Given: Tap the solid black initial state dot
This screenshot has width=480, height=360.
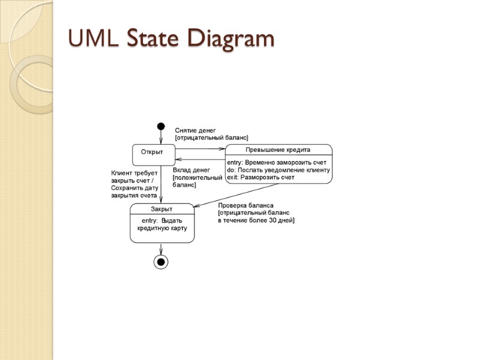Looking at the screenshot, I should (x=161, y=126).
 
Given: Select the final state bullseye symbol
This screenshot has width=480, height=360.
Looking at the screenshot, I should (x=161, y=262).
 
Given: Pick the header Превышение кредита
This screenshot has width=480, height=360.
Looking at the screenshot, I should (x=278, y=149).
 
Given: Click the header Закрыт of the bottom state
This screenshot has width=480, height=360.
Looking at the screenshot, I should (x=161, y=209).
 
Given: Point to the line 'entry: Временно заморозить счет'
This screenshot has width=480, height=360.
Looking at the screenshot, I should (x=277, y=162).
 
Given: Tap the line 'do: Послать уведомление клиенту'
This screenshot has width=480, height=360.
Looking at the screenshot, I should (x=278, y=170).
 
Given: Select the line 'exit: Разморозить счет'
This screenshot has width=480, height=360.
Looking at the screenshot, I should (x=260, y=178).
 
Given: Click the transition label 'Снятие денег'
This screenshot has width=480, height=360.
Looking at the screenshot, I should (x=195, y=130).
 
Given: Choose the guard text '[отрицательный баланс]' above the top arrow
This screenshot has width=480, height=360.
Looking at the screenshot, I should (x=211, y=138).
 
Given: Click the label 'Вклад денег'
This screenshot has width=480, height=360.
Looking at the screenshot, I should (x=191, y=170).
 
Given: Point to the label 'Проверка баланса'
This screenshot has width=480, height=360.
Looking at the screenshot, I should (x=245, y=205).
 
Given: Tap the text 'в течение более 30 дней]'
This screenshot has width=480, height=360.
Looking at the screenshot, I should (x=256, y=220).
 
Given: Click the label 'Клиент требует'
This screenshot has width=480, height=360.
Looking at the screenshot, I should (x=134, y=173).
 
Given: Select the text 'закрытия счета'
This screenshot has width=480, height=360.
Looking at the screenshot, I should (x=134, y=196).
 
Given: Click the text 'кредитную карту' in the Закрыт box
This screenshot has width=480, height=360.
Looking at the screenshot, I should (x=162, y=229).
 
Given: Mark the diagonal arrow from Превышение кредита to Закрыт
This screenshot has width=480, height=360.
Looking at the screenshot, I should (x=240, y=194).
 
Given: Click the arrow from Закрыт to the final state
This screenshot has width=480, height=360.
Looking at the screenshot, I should (x=161, y=248).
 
